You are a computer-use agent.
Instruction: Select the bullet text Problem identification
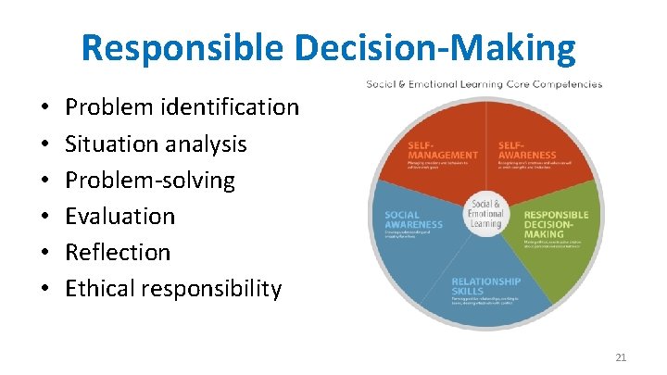[182, 107]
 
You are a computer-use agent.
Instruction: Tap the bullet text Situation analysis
[156, 144]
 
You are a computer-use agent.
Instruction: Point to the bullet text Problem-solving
[150, 180]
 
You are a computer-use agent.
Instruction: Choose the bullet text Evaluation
[120, 216]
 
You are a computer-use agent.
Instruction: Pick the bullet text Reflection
[118, 252]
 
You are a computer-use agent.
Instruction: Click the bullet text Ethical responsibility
[172, 288]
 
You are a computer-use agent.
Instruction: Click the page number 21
[621, 356]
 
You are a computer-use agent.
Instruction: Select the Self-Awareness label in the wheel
[525, 149]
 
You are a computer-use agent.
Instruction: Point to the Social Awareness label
[413, 219]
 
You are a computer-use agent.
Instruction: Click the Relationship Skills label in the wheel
[485, 284]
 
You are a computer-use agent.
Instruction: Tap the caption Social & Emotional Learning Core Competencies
[484, 84]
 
